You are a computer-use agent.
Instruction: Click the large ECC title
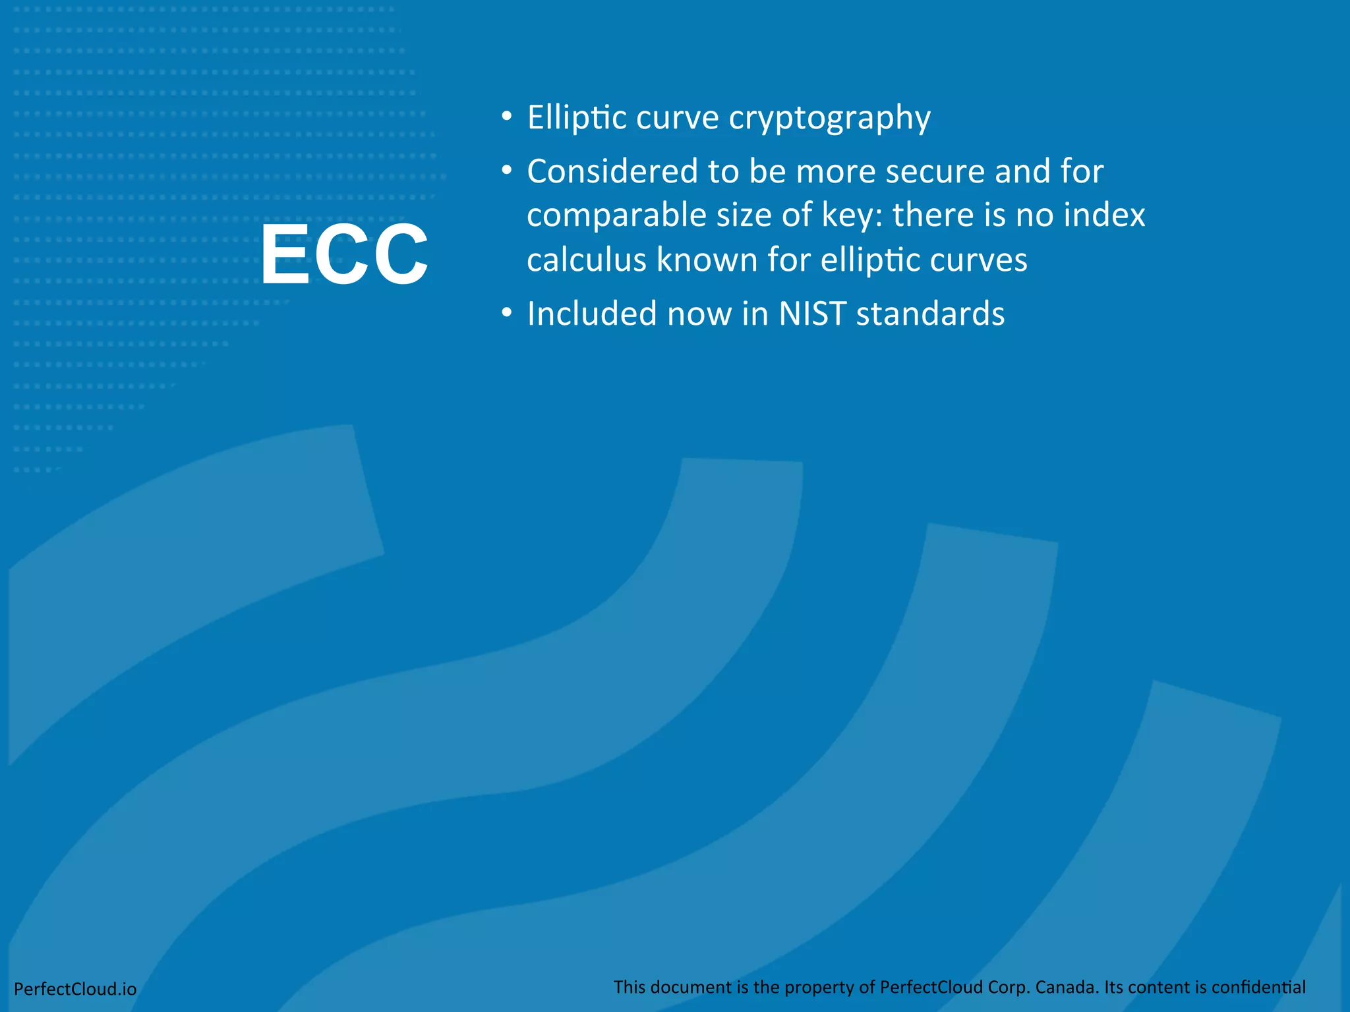[344, 254]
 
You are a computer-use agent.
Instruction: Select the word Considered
[612, 171]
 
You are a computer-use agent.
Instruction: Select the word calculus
[587, 260]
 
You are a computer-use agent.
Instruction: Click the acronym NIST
[812, 314]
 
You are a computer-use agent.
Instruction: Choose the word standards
[930, 314]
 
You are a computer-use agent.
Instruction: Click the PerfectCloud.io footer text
[75, 989]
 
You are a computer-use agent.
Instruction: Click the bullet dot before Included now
[506, 314]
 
